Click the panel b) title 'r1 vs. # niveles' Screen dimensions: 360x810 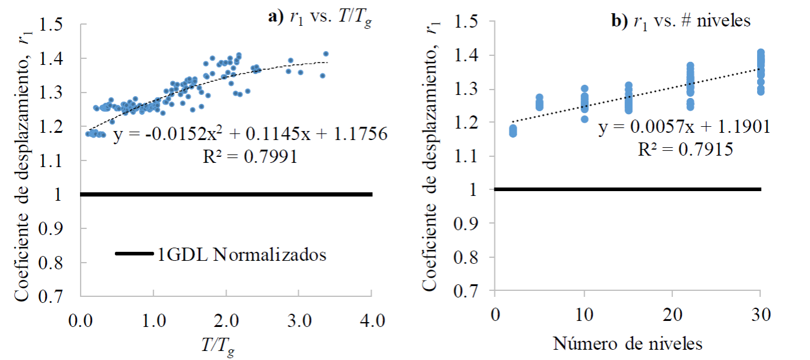pyautogui.click(x=680, y=21)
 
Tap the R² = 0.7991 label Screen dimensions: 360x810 pyautogui.click(x=251, y=157)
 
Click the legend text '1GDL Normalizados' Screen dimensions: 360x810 pyautogui.click(x=242, y=255)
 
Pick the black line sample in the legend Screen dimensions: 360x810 pyautogui.click(x=134, y=255)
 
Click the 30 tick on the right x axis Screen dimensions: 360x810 pyautogui.click(x=761, y=316)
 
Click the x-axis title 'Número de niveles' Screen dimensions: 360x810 pyautogui.click(x=628, y=344)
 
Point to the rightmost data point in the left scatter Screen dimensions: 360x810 pyautogui.click(x=326, y=53)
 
